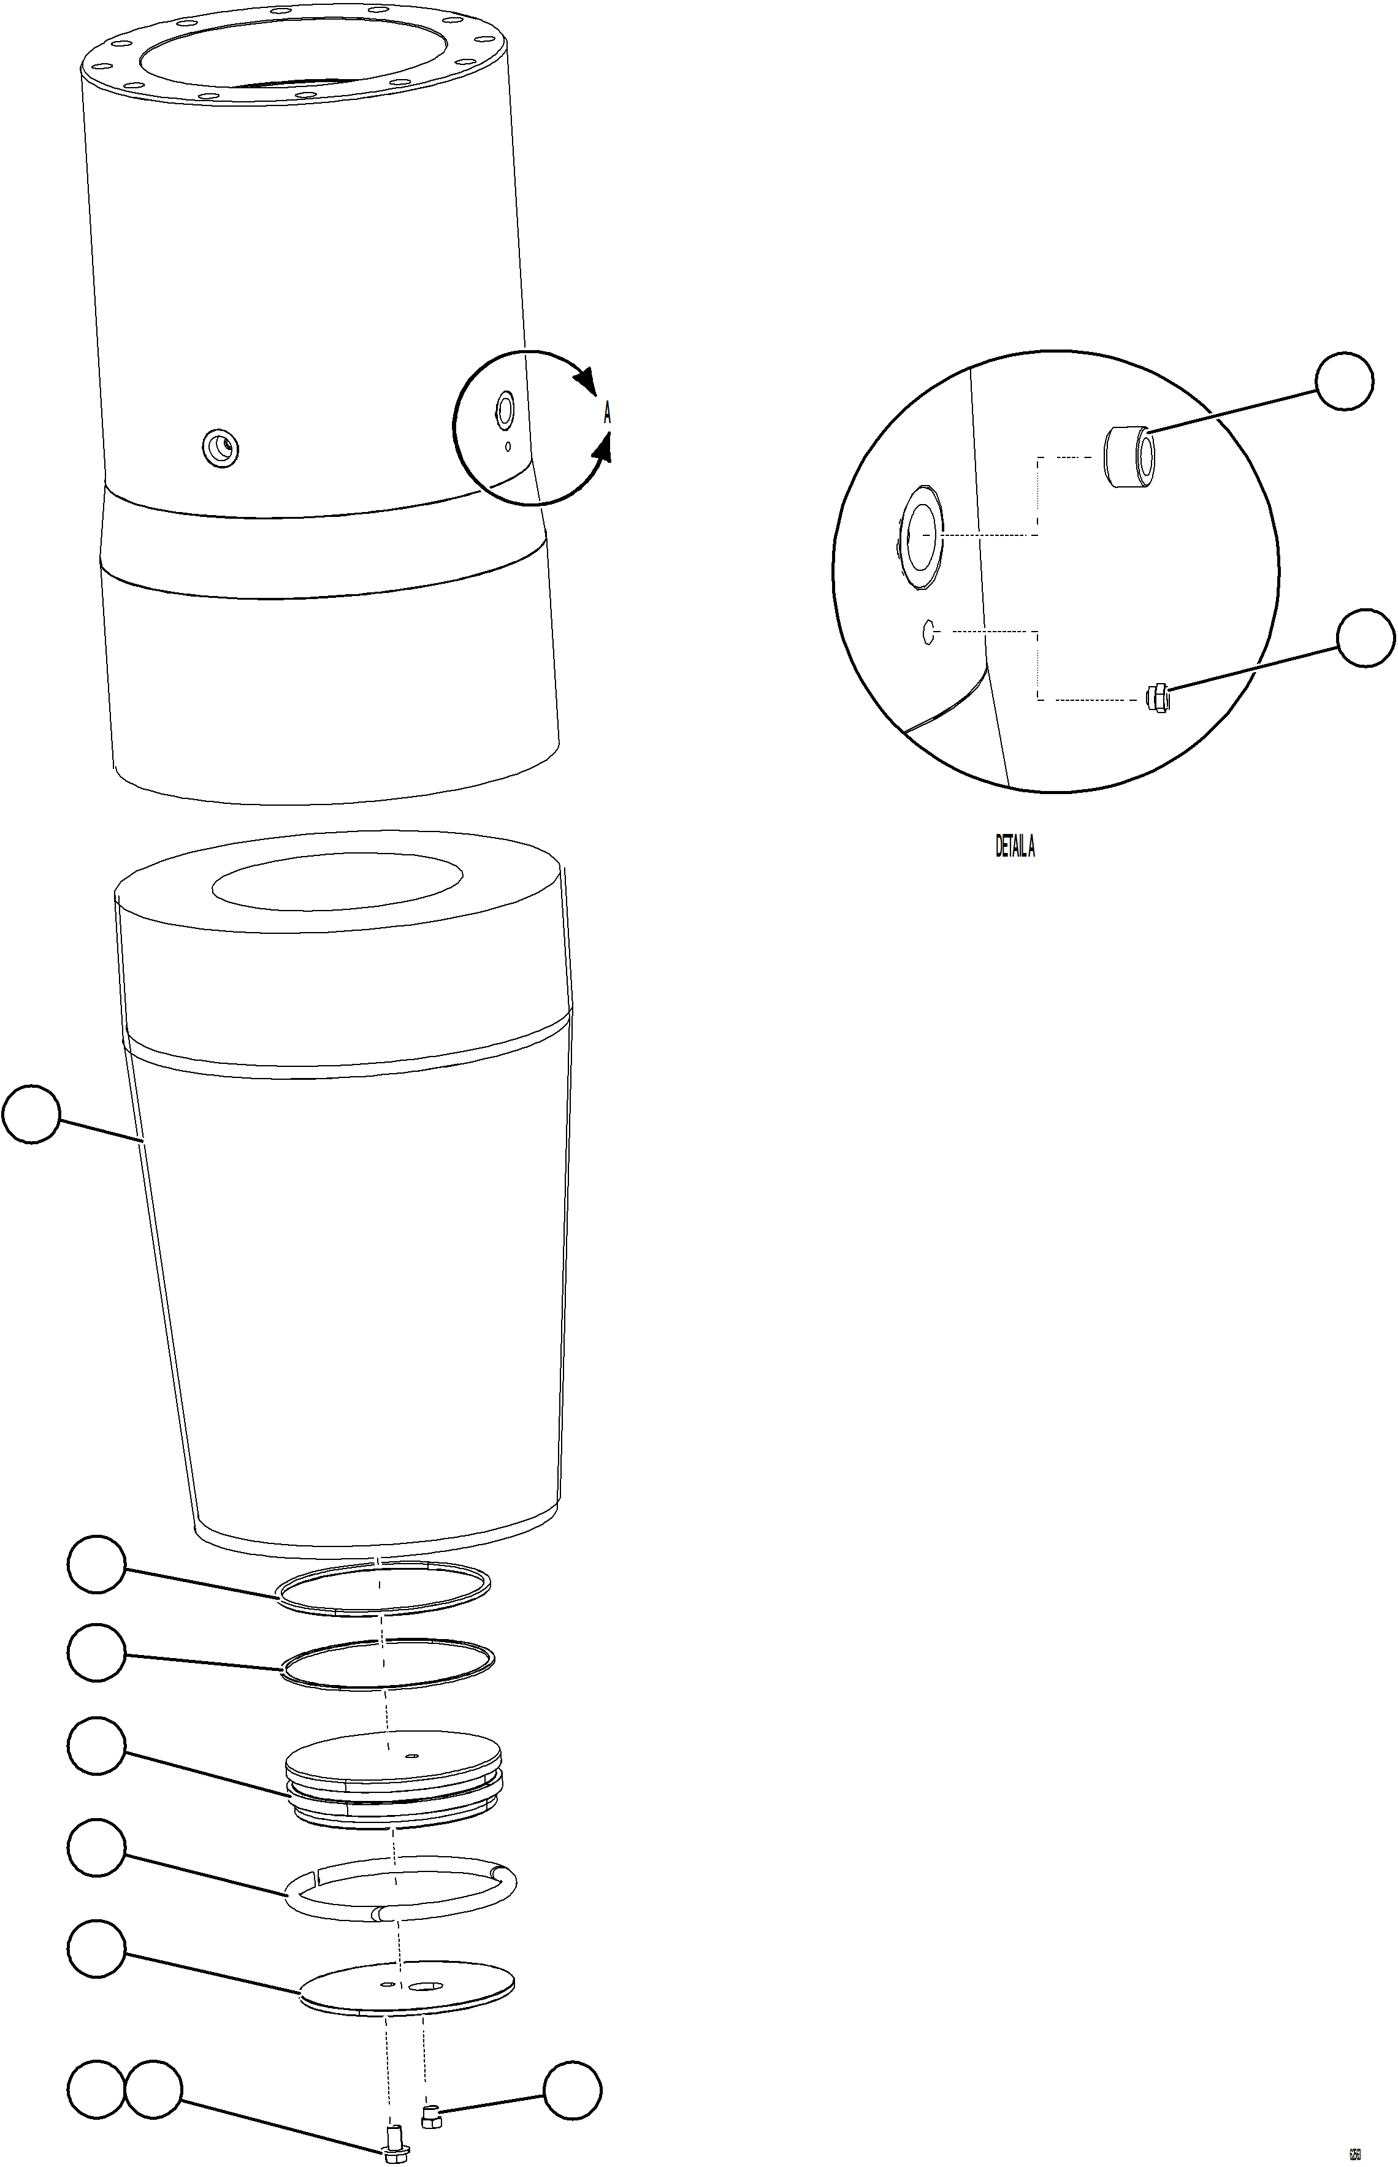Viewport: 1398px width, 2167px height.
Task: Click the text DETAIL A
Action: pos(1015,847)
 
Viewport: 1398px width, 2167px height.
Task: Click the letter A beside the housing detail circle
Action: pos(607,415)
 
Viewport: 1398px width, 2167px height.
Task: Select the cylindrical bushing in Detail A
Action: pos(1128,457)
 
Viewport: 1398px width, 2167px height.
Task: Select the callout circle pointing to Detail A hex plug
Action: pos(1366,639)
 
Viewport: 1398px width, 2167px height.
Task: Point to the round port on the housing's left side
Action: pos(220,446)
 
